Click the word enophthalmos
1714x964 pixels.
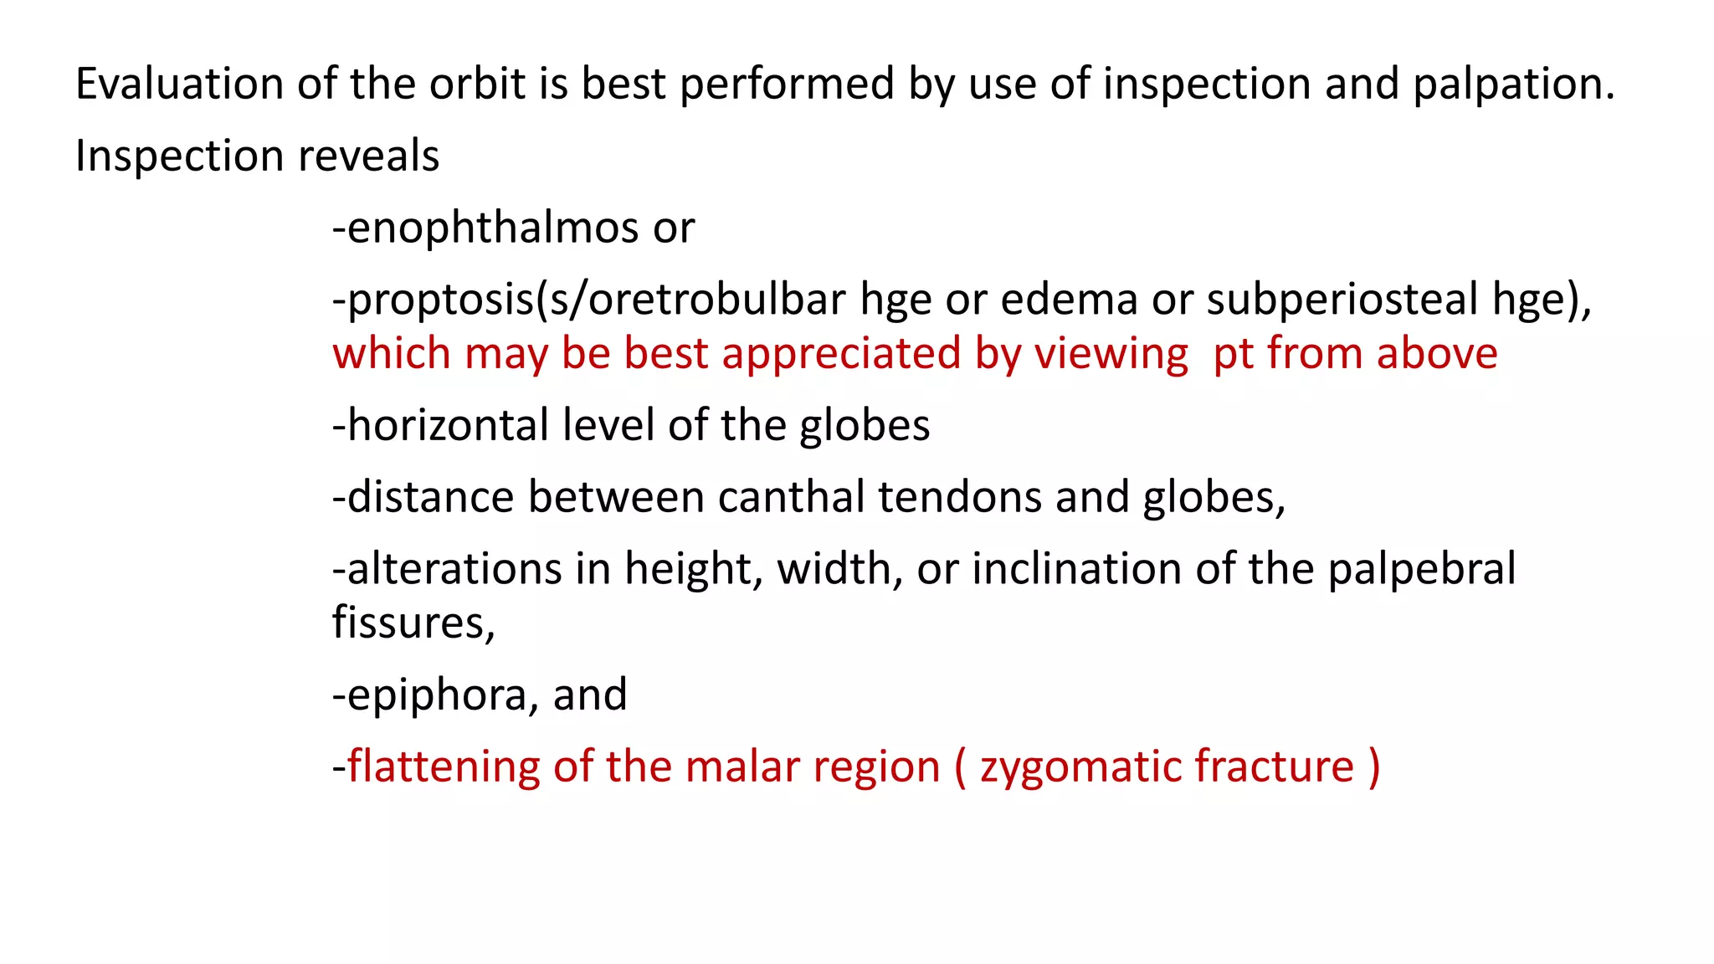(493, 228)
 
